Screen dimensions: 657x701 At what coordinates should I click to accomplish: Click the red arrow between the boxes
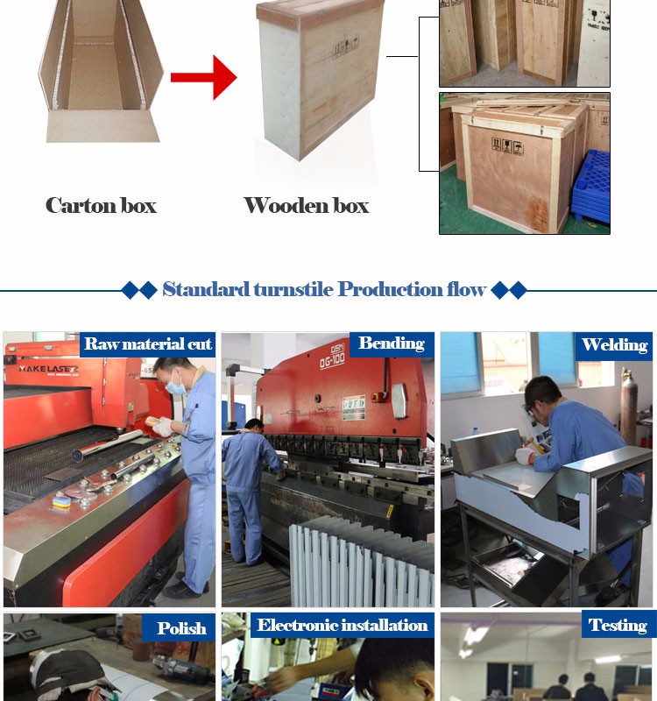[203, 77]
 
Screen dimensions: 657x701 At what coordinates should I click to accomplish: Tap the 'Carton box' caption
[101, 206]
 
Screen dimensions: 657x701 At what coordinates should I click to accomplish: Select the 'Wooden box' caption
[306, 206]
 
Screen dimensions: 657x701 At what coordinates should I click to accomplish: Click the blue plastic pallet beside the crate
[590, 187]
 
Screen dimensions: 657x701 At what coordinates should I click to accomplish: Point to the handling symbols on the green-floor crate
[507, 146]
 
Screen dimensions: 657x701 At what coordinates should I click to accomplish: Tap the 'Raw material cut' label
[148, 343]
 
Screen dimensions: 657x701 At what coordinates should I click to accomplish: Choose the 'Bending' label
[392, 343]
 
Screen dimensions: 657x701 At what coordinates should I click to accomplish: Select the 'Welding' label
[615, 344]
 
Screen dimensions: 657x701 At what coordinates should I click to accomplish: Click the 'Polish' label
[181, 628]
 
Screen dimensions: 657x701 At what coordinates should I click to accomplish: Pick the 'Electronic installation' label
[343, 625]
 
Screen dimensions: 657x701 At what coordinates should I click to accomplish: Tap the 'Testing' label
[618, 625]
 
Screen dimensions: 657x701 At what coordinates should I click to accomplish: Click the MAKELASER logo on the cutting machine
[48, 369]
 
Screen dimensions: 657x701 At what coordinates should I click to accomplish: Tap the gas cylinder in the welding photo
[628, 407]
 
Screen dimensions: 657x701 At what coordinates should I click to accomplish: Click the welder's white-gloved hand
[525, 455]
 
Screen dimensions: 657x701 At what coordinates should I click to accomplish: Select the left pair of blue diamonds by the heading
[139, 290]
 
